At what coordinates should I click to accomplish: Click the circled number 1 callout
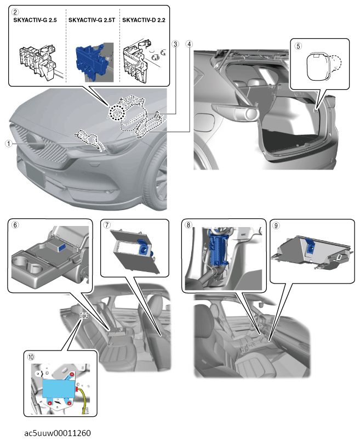(9, 144)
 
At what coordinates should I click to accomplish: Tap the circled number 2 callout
(15, 12)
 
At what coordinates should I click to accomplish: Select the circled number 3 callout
(175, 44)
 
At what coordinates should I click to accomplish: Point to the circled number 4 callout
(189, 44)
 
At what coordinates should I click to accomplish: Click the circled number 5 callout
(299, 46)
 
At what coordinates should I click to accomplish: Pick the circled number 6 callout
(15, 225)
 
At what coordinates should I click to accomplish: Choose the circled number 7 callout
(107, 225)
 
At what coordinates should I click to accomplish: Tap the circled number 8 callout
(188, 225)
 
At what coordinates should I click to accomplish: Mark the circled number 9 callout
(276, 225)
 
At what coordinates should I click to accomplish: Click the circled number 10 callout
(31, 357)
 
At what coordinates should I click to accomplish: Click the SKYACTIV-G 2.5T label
(92, 20)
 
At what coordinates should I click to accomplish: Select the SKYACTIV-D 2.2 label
(144, 20)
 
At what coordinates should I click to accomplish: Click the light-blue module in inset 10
(59, 388)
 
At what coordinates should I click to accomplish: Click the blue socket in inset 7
(144, 247)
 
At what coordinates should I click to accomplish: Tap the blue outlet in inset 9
(310, 246)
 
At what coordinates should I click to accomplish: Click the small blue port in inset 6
(62, 247)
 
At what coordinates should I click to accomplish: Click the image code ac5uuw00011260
(58, 433)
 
